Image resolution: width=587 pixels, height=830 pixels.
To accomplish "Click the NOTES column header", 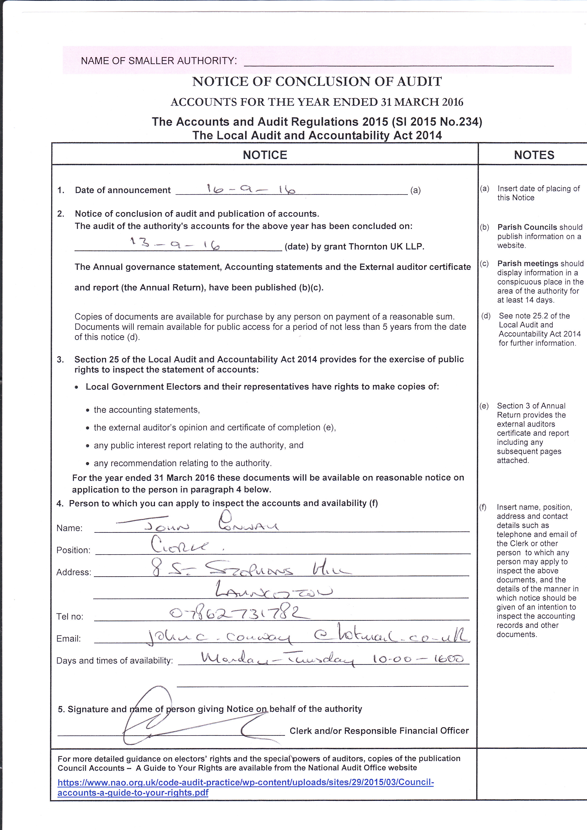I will click(x=534, y=155).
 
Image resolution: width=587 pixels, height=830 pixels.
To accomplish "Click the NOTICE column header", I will click(x=265, y=155).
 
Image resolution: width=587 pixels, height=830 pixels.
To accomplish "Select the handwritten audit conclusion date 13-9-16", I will click(x=175, y=244).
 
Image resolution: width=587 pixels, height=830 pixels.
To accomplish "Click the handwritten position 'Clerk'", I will click(x=180, y=546).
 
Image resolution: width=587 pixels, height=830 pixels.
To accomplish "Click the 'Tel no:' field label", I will click(x=70, y=616).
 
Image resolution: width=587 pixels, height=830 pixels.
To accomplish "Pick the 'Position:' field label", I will click(x=73, y=550).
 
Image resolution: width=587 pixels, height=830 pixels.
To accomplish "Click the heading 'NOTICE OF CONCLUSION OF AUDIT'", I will click(x=317, y=82).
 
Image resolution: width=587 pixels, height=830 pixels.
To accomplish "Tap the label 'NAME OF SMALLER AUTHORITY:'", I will click(x=159, y=61).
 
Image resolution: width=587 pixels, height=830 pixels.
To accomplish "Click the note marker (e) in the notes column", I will click(x=484, y=406).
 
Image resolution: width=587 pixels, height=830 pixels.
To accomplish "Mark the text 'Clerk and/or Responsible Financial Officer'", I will click(x=379, y=731).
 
